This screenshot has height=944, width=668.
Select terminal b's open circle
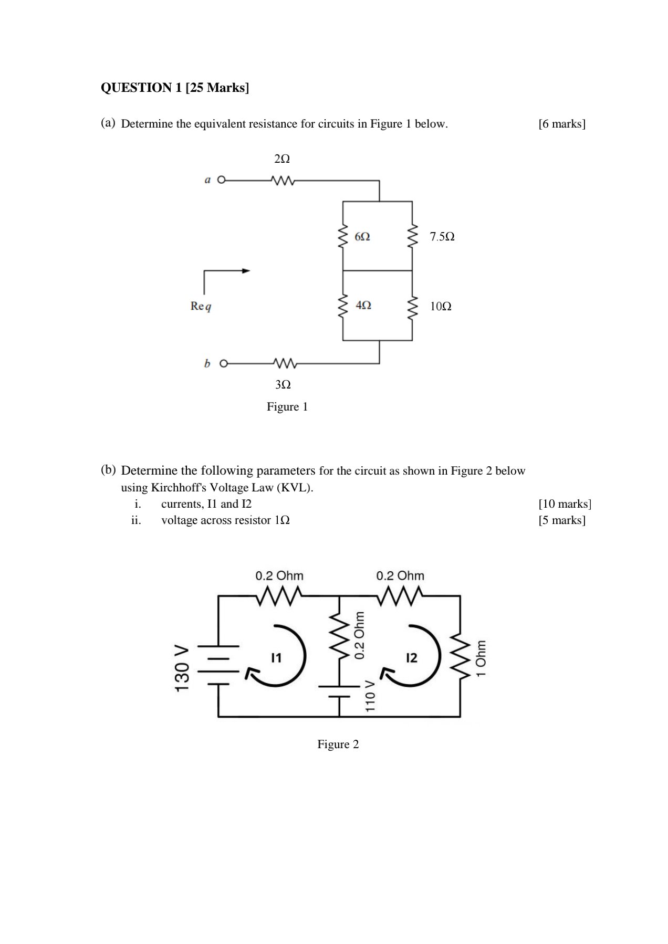point(224,363)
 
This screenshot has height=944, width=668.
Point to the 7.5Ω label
point(442,237)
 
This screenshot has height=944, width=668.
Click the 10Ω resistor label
point(441,307)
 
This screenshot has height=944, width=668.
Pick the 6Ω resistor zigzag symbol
point(343,237)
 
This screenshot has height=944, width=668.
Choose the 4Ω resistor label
point(363,305)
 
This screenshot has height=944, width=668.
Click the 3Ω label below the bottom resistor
point(283,385)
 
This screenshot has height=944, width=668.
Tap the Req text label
point(201,306)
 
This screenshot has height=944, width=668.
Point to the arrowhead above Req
point(246,271)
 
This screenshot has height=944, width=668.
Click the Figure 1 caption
point(287,407)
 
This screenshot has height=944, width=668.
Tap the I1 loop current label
point(276,657)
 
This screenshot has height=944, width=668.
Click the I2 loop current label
point(412,657)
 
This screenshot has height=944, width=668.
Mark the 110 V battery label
point(370,696)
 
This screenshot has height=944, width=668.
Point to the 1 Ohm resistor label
point(481,658)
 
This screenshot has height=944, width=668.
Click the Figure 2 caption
point(338,744)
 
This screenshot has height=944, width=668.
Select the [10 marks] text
point(565,504)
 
